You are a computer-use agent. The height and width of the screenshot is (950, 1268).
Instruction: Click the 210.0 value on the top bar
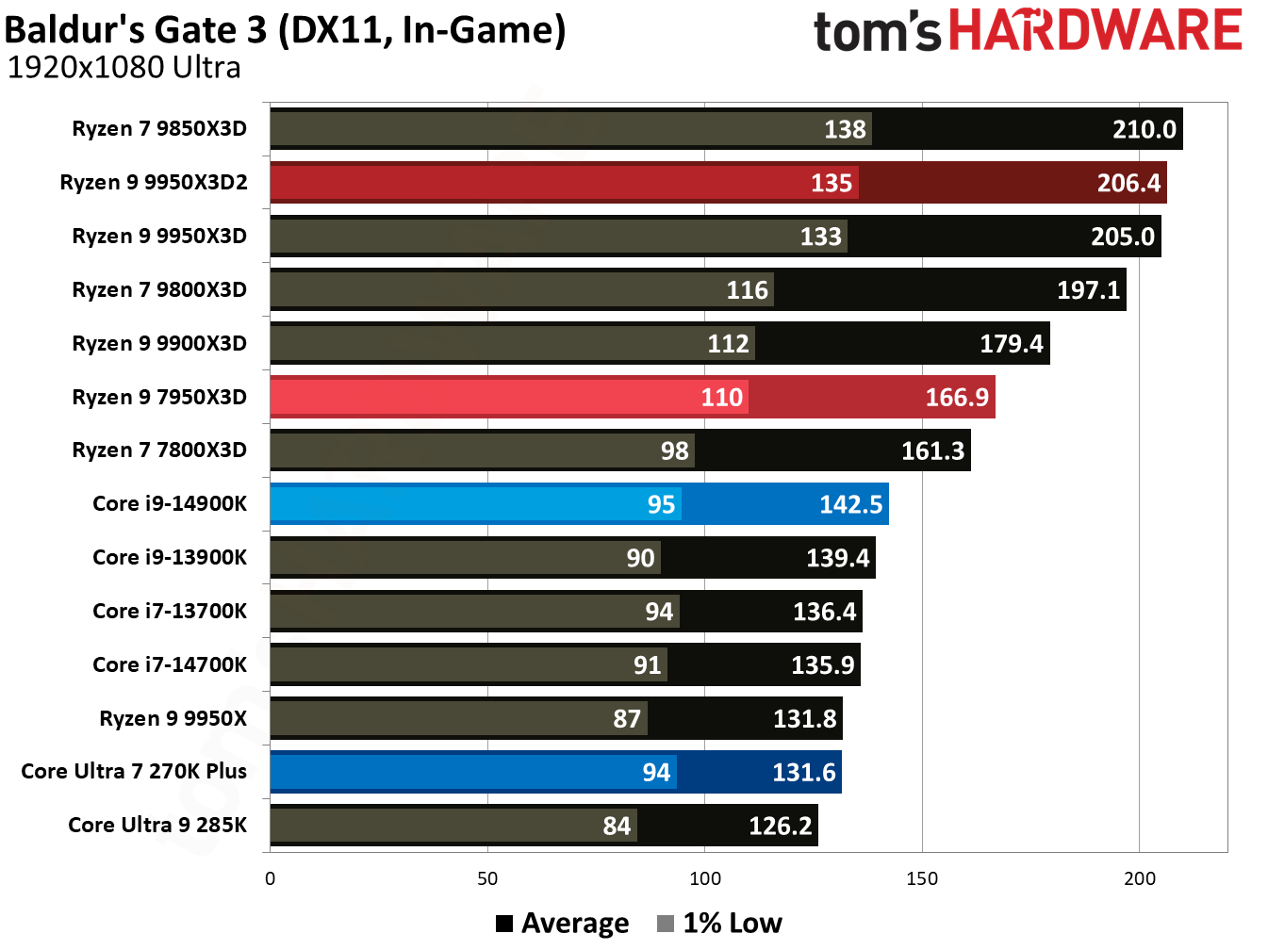(x=1144, y=129)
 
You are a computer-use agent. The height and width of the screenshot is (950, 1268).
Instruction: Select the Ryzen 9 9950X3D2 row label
(x=154, y=182)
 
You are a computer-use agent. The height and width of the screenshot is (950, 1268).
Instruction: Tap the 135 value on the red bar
(x=831, y=183)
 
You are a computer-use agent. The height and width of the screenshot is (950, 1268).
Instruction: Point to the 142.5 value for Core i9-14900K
(x=850, y=504)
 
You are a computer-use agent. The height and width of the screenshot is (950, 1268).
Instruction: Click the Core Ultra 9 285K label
(x=157, y=825)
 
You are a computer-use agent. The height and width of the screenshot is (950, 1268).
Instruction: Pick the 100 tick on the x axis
(x=704, y=878)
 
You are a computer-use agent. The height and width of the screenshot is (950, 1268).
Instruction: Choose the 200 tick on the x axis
(x=1139, y=878)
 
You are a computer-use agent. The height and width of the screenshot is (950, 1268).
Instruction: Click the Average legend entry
(x=563, y=923)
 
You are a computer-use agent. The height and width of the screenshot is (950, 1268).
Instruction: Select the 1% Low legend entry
(x=720, y=923)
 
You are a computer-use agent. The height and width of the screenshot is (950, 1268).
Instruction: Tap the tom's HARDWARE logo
(x=1028, y=30)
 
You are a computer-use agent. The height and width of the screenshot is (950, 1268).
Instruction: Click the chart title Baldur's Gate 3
(x=285, y=30)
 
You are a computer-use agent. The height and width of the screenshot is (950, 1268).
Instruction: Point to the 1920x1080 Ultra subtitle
(x=124, y=68)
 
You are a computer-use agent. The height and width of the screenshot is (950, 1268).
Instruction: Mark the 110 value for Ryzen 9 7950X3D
(x=721, y=397)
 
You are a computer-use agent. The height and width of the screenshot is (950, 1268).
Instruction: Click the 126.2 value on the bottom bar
(x=780, y=826)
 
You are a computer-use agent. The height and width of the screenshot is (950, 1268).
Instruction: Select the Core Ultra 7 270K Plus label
(x=134, y=771)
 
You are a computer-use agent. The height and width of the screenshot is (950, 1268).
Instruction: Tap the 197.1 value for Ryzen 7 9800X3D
(x=1088, y=289)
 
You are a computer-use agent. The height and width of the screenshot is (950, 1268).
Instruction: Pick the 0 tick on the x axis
(x=271, y=878)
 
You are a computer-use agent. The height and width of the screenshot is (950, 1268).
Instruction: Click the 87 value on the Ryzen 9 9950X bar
(x=627, y=719)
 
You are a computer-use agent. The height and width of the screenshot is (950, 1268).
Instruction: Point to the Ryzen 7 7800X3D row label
(x=159, y=450)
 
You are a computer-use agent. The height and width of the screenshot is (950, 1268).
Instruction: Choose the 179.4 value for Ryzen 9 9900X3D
(x=1011, y=343)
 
